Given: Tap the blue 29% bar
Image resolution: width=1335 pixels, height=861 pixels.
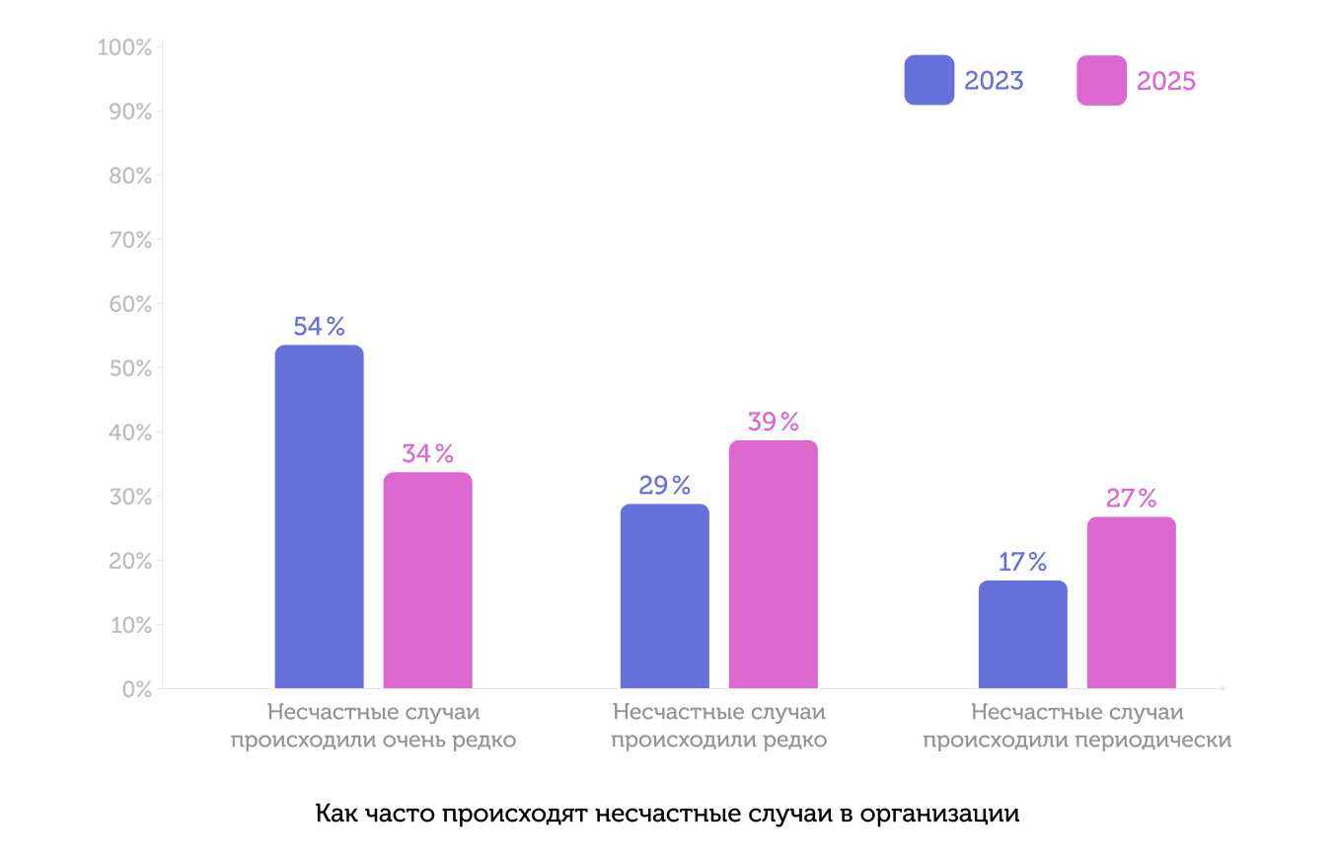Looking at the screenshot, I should click(664, 596).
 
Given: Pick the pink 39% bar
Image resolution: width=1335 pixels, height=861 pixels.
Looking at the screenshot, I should click(773, 565).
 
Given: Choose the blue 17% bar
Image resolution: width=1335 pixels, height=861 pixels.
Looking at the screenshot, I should click(1022, 635).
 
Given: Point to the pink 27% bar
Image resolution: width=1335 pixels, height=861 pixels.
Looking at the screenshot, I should click(1131, 603).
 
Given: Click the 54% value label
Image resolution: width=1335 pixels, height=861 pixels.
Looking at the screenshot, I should click(319, 327).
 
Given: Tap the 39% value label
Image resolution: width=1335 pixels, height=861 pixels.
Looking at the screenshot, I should click(773, 422).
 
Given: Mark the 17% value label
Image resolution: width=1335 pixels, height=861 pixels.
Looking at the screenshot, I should click(1022, 562).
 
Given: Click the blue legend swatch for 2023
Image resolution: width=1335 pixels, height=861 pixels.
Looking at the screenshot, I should click(928, 80).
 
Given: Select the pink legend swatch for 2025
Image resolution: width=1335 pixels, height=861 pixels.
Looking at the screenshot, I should click(1101, 80).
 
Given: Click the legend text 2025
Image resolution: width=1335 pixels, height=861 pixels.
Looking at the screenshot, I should click(1166, 81).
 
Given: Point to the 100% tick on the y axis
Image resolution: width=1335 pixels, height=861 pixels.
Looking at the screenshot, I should click(124, 47).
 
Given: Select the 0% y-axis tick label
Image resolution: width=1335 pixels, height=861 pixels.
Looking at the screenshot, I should click(136, 689).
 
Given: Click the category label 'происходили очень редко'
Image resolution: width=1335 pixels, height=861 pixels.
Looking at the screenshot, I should click(373, 740).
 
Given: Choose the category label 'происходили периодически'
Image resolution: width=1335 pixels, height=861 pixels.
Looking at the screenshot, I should click(1076, 740).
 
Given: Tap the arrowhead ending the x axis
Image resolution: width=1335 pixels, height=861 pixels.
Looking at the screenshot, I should click(1223, 688).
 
